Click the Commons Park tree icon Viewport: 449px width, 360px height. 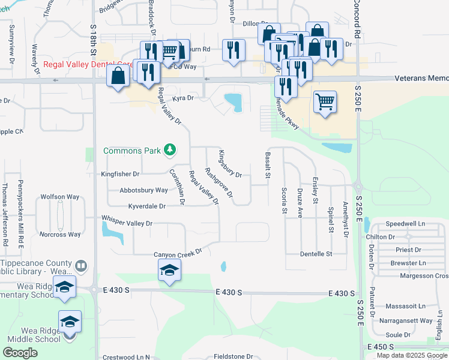[170, 150]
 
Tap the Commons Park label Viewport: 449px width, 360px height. [132, 151]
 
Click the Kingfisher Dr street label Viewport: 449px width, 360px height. [120, 174]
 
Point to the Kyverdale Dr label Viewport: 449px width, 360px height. [146, 206]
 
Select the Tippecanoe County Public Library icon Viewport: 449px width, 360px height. [81, 265]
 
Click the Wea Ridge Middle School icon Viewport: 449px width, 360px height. [70, 321]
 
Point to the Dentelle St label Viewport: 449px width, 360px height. [316, 254]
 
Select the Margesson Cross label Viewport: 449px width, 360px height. [424, 276]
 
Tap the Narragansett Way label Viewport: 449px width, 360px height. [409, 321]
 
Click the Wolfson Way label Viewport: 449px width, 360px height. [60, 197]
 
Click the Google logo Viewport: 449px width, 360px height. [20, 353]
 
